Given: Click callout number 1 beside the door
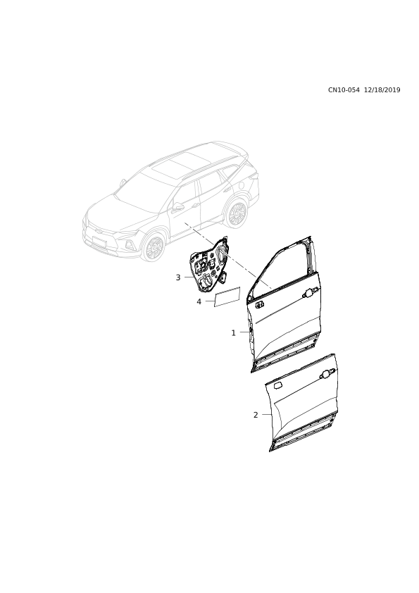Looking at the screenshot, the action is point(233,333).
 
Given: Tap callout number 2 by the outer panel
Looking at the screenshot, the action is point(256,415).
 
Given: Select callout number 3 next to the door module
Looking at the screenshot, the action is point(178,277).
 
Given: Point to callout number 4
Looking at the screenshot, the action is point(199,301).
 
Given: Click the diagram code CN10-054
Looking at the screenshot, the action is point(344,90).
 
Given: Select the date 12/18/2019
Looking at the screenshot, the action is point(382,90).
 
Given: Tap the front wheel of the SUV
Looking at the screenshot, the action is point(154,248).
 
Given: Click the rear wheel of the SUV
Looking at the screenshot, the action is point(237,213).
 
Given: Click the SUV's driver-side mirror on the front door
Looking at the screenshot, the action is point(177,206).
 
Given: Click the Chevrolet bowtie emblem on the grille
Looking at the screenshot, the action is point(98,229).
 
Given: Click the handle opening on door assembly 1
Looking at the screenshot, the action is point(310,293).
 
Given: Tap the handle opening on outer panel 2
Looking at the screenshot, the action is point(325,375).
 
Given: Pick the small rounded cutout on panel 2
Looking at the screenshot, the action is point(278,385).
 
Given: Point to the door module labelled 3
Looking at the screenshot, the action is point(208,265).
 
